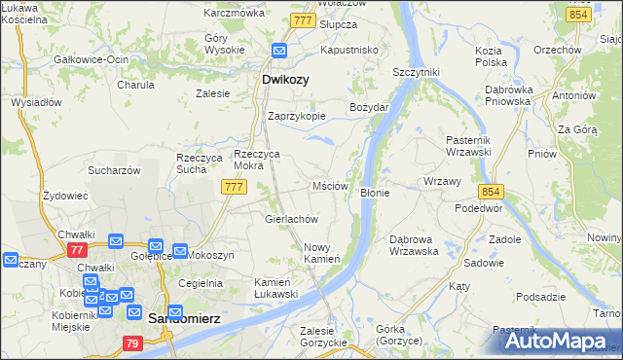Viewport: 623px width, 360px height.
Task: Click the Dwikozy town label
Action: (x=285, y=81)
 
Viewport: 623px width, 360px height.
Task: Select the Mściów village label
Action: (x=330, y=185)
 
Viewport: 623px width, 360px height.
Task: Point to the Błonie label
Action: (x=375, y=193)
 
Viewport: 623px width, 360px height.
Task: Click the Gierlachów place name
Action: (x=293, y=219)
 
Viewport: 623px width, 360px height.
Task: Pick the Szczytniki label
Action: (x=417, y=72)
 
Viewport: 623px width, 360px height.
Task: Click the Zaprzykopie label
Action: (x=297, y=115)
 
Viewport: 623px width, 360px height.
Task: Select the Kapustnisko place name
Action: (x=349, y=49)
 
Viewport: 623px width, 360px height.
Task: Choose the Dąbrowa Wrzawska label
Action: (x=414, y=244)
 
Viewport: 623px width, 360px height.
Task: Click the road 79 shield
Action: (x=133, y=342)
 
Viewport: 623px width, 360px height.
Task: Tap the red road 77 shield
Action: (x=77, y=250)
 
